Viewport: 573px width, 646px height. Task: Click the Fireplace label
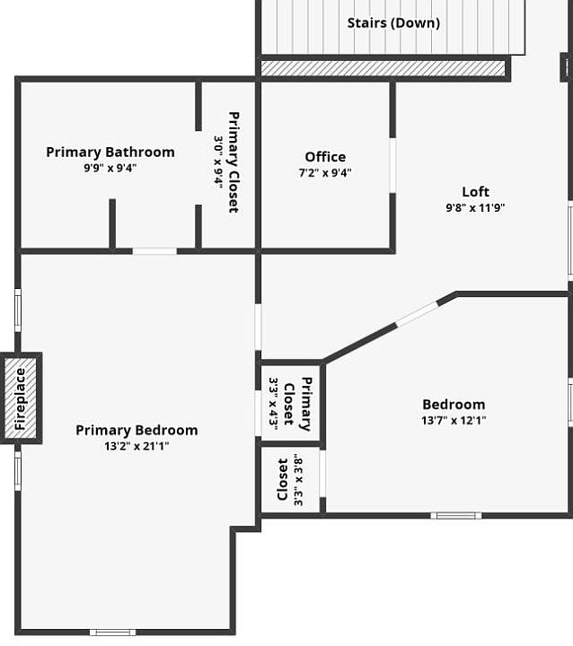(20, 398)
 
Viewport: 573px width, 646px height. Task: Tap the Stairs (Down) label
(393, 22)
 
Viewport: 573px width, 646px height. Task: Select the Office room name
(325, 156)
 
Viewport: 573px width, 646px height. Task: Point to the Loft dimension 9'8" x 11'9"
(475, 207)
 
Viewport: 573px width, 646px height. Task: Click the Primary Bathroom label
(110, 152)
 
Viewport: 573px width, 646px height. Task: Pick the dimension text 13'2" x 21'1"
(137, 446)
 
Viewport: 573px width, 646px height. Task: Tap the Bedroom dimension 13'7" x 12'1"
(454, 420)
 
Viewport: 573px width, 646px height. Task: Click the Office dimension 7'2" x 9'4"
(325, 172)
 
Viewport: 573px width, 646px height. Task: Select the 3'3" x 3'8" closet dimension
(298, 480)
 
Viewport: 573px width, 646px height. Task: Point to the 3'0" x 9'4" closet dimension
(218, 162)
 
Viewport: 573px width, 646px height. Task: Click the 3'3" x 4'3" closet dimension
(273, 403)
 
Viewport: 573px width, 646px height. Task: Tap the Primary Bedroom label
(137, 430)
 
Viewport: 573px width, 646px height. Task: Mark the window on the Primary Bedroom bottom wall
(112, 632)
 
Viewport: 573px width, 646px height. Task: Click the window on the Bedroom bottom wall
(456, 515)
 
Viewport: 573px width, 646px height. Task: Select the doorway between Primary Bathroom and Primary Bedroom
(154, 251)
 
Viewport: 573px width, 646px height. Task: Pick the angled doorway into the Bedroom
(417, 314)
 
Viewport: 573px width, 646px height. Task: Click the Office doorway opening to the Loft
(392, 165)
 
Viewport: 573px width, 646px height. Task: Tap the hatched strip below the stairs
(383, 68)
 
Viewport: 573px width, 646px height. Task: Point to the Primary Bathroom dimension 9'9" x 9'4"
(110, 168)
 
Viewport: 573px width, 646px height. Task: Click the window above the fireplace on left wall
(18, 310)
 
